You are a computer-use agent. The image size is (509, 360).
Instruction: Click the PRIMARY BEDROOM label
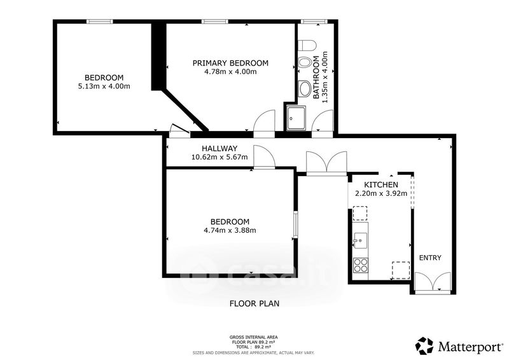(230, 63)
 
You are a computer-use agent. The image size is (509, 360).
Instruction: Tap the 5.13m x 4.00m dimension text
(104, 87)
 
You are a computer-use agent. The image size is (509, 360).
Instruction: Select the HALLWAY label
(220, 148)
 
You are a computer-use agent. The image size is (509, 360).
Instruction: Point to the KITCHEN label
(380, 184)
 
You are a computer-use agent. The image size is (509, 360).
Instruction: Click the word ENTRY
(430, 258)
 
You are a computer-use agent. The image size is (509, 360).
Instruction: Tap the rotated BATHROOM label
(316, 78)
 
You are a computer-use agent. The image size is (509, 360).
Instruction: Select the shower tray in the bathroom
(296, 118)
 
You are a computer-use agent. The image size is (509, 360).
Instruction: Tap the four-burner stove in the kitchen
(360, 265)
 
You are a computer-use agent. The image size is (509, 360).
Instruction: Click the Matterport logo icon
(424, 346)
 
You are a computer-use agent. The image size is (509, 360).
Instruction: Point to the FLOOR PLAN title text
(254, 303)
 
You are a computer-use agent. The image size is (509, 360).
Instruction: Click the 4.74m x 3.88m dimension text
(230, 230)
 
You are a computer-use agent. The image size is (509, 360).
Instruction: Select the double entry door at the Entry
(433, 283)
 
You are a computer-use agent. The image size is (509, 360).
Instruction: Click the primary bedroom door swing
(264, 121)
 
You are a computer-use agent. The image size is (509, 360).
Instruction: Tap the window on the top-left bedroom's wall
(99, 22)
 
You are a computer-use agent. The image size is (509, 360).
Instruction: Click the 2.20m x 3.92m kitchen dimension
(380, 194)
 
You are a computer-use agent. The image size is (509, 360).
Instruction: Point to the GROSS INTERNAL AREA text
(253, 337)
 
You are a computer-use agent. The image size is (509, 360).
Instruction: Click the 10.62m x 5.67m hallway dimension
(220, 157)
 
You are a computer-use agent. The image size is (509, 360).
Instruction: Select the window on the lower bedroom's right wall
(295, 225)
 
